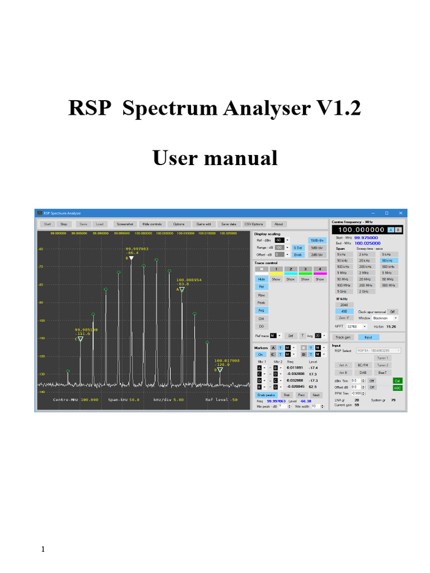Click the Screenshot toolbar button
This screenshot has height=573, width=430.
(125, 224)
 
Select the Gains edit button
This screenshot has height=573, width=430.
(203, 224)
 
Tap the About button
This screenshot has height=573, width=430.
(278, 224)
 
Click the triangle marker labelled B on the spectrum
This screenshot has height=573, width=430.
(131, 258)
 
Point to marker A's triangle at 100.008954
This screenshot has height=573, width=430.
(181, 289)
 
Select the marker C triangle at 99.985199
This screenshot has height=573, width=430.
(80, 339)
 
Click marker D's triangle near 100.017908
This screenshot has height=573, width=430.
(219, 370)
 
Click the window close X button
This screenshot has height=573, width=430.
(400, 213)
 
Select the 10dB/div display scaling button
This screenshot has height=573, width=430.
(316, 239)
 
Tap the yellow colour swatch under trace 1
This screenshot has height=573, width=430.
(276, 274)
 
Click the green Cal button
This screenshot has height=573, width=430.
(398, 381)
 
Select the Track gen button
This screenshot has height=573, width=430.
(343, 337)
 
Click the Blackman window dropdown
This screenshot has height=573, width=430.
(385, 318)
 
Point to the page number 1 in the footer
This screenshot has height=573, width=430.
(43, 549)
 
